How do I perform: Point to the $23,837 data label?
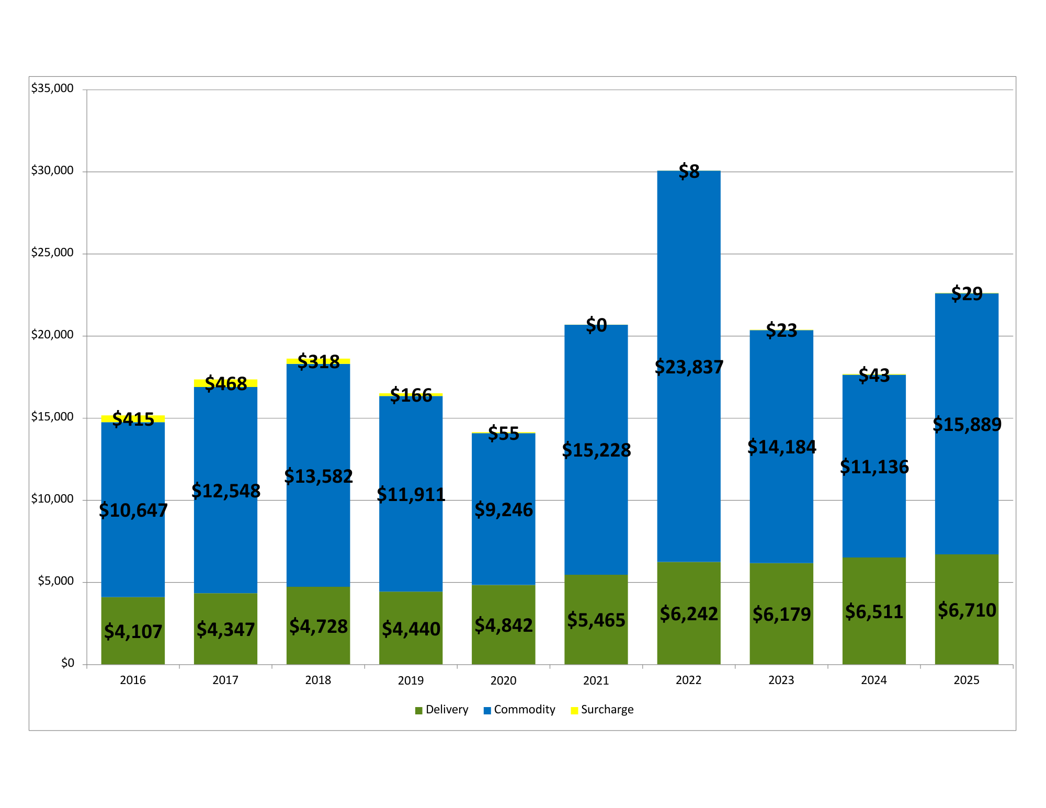(x=689, y=367)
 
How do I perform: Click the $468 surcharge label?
(x=225, y=384)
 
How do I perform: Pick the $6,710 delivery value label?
(x=967, y=610)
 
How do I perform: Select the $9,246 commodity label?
(x=503, y=510)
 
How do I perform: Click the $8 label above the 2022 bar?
(x=689, y=172)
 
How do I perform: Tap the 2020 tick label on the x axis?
(x=503, y=680)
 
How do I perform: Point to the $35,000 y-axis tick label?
(x=52, y=88)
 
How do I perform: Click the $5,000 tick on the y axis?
(x=55, y=581)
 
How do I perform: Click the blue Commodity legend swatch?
(x=487, y=710)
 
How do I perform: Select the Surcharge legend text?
(x=607, y=710)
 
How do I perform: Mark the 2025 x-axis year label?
(x=967, y=680)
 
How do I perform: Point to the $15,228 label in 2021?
(x=596, y=450)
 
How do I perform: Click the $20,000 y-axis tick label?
(x=52, y=335)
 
